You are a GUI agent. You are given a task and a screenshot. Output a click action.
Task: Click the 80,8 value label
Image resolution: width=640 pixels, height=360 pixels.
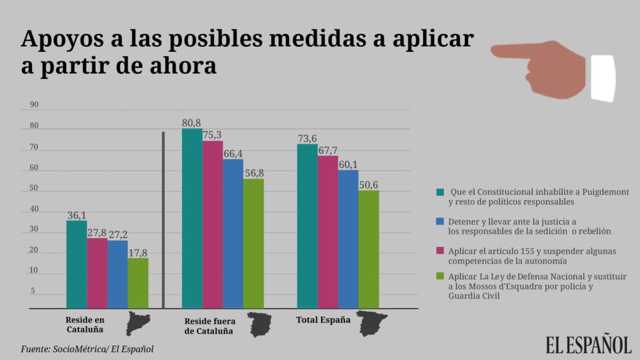192,123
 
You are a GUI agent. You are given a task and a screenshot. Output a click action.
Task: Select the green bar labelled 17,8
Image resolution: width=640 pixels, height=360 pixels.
137,283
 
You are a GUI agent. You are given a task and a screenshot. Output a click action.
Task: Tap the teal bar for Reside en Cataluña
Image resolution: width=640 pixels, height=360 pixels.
76,264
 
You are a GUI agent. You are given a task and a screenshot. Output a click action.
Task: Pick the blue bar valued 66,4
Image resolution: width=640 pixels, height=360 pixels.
233,234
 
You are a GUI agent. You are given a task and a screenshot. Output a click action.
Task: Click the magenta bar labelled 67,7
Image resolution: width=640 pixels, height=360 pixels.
327,231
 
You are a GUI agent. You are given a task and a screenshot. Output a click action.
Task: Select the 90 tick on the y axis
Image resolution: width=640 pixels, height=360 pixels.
34,105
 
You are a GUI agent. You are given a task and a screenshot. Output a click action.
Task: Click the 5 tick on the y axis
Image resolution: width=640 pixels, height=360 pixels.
34,291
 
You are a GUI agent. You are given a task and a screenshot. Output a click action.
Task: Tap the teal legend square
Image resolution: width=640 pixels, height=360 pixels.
440,191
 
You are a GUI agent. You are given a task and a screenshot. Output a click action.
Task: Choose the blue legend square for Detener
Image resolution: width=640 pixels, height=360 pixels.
440,221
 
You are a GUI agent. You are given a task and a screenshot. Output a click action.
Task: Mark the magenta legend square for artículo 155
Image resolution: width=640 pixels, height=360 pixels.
440,250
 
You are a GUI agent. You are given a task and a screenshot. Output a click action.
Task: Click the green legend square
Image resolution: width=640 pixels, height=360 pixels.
440,276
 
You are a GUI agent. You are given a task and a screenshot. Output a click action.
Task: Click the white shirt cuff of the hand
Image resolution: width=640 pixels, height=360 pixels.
602,78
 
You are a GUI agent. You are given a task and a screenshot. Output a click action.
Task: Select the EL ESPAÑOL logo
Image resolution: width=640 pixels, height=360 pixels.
588,344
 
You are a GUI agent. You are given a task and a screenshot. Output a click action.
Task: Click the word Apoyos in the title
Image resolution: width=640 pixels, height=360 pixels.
57,39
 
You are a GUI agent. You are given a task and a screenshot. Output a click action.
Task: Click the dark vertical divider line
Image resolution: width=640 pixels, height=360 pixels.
163,219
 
